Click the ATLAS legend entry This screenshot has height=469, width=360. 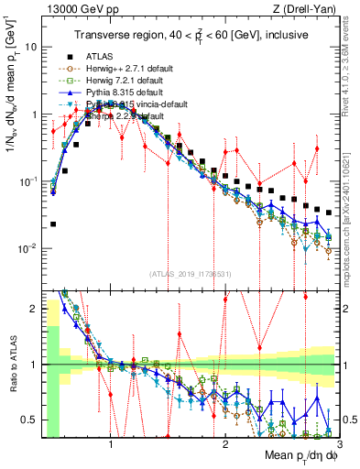coord(103,57)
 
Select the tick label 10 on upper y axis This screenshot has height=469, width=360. coord(29,46)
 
